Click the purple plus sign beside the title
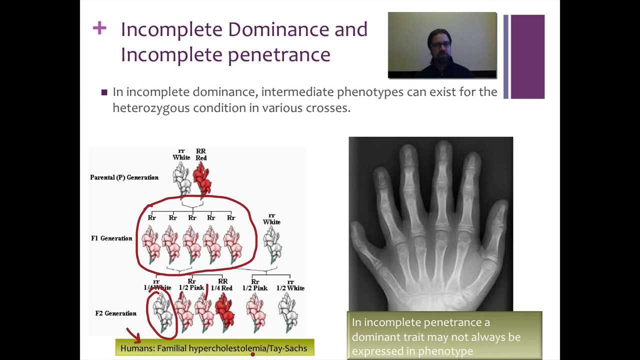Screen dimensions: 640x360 (x=99, y=28)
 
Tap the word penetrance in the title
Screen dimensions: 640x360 (x=279, y=55)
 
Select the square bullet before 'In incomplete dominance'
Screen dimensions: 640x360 (x=104, y=92)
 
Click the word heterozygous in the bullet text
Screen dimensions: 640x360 (x=151, y=108)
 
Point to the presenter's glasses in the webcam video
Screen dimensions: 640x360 (x=440, y=44)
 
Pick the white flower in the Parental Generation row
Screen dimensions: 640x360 (x=182, y=179)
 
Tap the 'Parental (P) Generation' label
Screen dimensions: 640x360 (x=124, y=177)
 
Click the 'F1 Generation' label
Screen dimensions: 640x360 (x=111, y=238)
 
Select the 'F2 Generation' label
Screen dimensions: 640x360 (x=115, y=313)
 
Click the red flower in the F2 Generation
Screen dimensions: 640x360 (x=225, y=312)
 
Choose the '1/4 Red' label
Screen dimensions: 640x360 (x=221, y=288)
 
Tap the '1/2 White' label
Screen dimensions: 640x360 (x=290, y=288)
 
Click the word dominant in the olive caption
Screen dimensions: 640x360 (x=377, y=337)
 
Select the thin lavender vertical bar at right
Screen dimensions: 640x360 (x=505, y=56)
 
